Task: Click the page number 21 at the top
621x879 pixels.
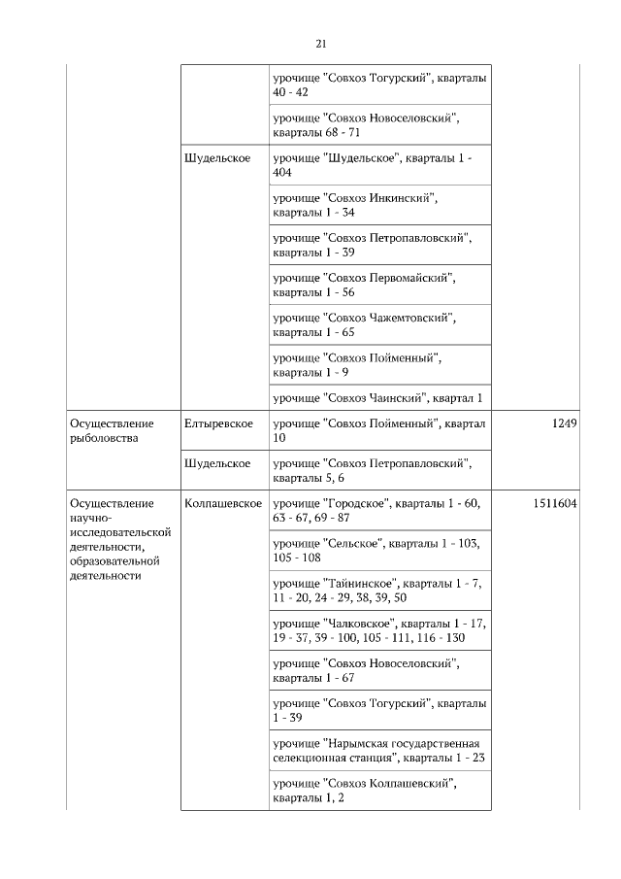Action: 321,44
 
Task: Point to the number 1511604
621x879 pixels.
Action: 555,503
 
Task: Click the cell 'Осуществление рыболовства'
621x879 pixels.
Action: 112,430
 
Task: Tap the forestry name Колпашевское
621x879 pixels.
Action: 223,503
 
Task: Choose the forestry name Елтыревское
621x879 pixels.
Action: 218,423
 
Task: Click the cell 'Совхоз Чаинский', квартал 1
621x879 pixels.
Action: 377,397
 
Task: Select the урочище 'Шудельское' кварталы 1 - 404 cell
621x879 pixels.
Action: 377,164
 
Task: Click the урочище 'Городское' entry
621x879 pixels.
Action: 377,511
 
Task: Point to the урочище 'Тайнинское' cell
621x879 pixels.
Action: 377,591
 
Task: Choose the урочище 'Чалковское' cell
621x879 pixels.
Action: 377,630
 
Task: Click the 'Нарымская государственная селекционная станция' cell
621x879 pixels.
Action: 377,750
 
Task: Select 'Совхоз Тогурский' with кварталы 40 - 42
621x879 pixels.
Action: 377,85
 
